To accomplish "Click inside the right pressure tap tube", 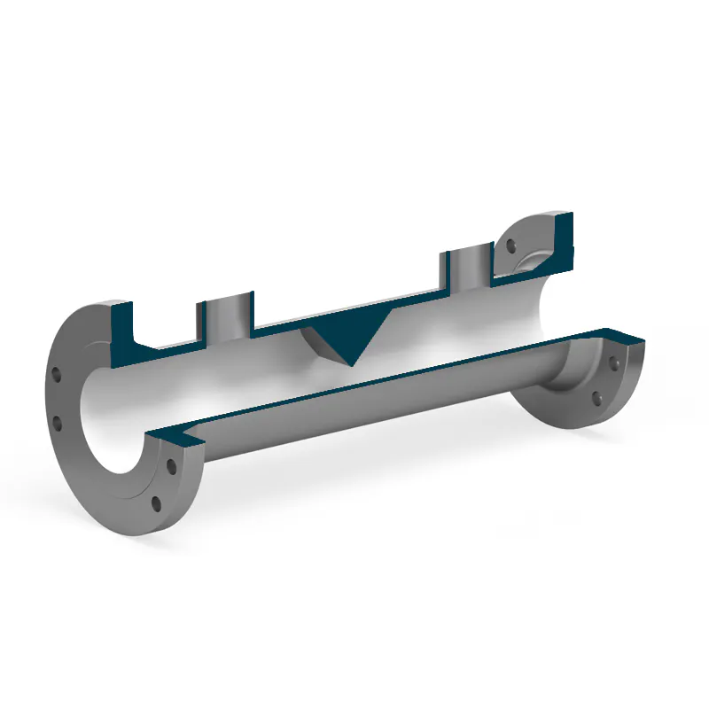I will [471, 266].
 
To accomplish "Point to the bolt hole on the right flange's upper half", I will [510, 248].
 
